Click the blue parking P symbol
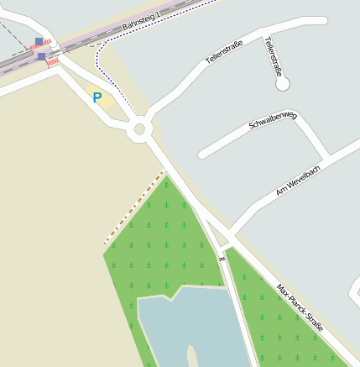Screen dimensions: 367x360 (97, 98)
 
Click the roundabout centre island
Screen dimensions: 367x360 (139, 130)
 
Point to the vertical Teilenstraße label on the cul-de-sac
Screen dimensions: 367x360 (273, 56)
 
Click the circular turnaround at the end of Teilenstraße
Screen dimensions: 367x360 (282, 83)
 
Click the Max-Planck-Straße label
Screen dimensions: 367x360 (300, 307)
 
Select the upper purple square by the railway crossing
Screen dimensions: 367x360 (39, 41)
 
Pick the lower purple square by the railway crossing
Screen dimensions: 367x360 (42, 56)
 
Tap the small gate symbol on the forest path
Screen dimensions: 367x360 (222, 258)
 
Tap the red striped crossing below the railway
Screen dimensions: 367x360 (55, 61)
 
